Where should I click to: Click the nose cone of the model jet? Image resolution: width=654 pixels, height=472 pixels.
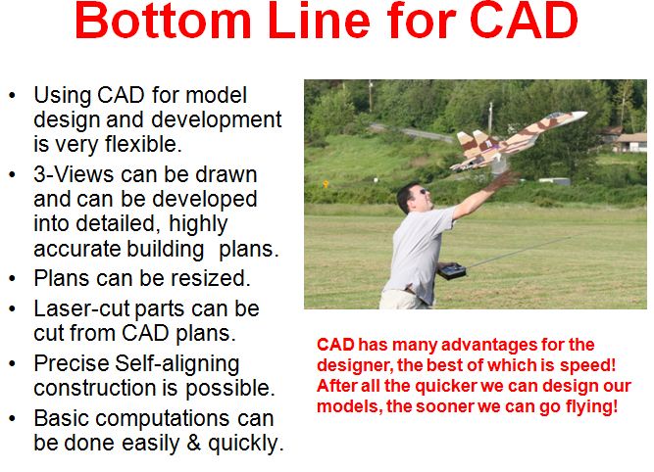(580, 116)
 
